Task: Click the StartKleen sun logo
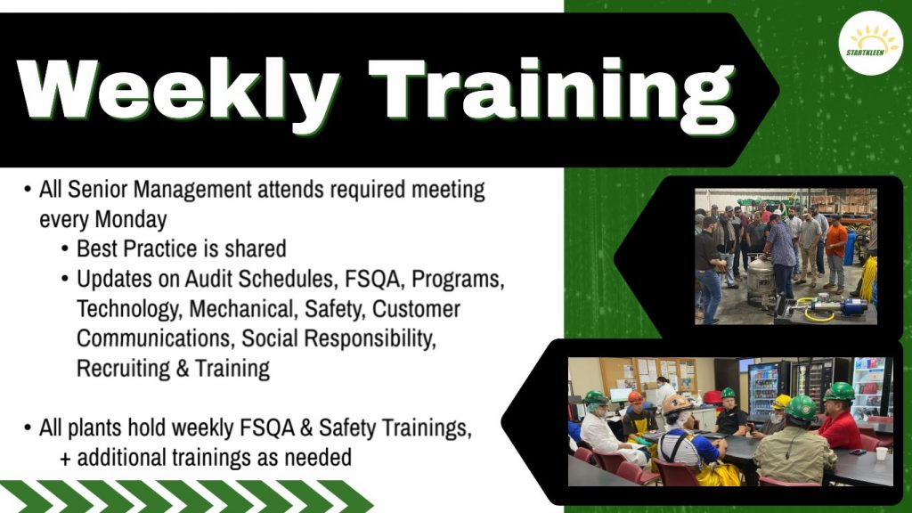[871, 43]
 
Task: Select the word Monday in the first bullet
[131, 220]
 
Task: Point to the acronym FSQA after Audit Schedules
[372, 279]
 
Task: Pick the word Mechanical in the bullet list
[244, 309]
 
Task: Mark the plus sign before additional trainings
[65, 459]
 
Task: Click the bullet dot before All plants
[28, 428]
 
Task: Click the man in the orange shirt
[835, 253]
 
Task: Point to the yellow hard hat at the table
[782, 401]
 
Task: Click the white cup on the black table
[882, 453]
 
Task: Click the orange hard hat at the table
[636, 397]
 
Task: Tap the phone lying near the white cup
[858, 452]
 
